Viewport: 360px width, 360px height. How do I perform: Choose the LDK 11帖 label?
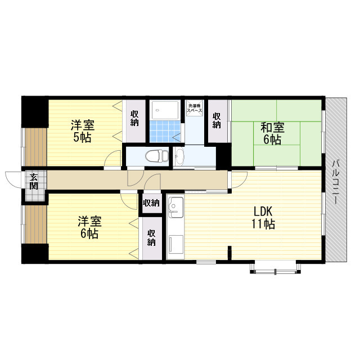click(x=263, y=218)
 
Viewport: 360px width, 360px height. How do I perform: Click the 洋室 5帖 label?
click(x=82, y=130)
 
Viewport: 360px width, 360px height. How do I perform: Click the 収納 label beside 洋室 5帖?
click(x=135, y=120)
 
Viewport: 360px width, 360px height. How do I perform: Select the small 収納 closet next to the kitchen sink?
click(x=151, y=204)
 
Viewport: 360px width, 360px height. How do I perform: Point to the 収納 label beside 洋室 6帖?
click(x=151, y=237)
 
